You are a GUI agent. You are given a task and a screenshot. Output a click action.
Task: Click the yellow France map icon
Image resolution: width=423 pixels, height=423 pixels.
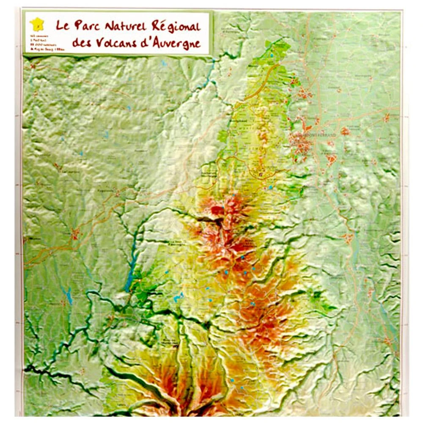coord(37,24)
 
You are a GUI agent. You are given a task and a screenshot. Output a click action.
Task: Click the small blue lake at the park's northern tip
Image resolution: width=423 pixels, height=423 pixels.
coord(272,55)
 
